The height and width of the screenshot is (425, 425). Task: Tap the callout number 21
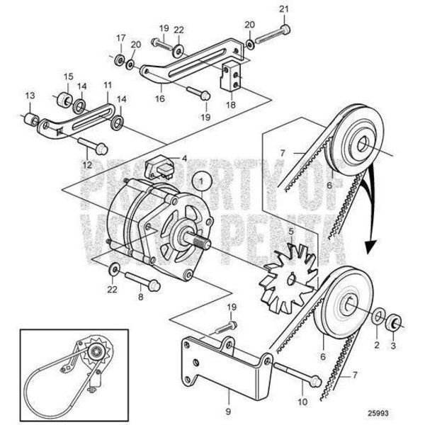pos(285,8)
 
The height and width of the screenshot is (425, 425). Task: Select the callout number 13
pos(30,96)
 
